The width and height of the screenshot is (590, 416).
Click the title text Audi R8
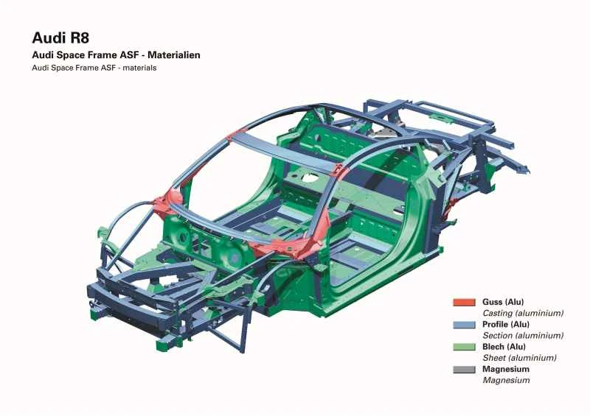60,38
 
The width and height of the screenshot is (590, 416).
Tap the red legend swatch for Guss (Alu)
463,302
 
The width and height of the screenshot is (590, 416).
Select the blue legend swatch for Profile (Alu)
463,324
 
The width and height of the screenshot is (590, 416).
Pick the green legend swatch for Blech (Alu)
463,347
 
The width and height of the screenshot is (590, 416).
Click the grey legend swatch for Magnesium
463,369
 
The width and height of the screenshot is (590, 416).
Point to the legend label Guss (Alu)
503,302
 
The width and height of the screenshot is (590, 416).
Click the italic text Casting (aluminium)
523,313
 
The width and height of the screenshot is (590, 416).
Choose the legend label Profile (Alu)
506,324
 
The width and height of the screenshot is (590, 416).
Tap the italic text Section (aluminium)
523,336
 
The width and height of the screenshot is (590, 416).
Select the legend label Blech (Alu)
504,347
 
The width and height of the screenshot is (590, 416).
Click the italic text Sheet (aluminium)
519,358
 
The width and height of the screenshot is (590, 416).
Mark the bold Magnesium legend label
506,369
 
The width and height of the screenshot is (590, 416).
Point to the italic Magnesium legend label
506,381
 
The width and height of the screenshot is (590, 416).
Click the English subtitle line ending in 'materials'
94,68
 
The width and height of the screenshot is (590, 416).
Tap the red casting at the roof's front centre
237,136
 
